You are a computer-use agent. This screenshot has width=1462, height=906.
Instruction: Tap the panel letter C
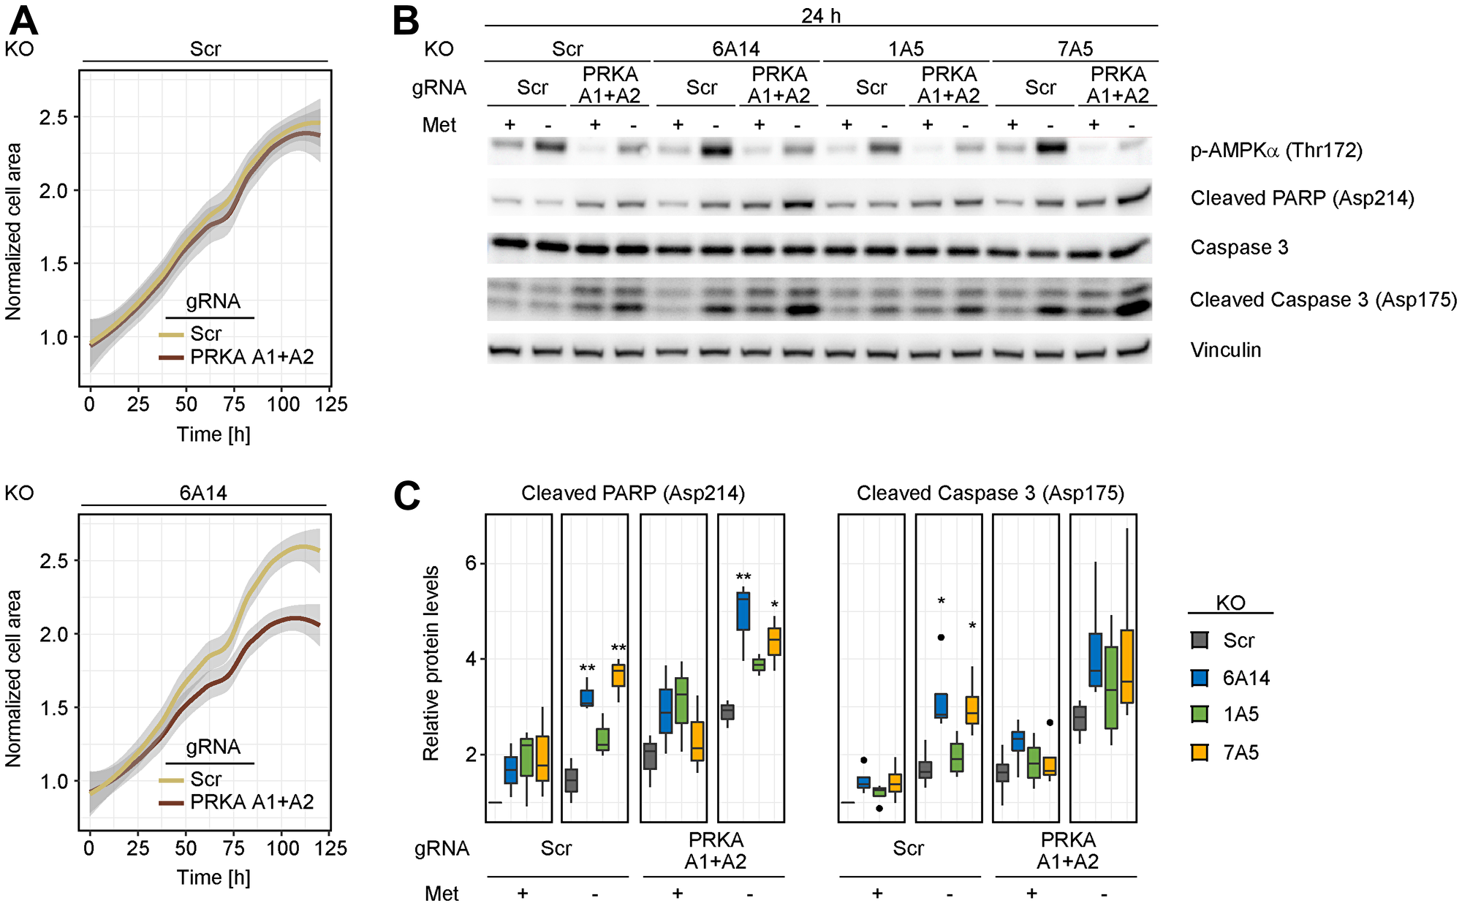point(406,496)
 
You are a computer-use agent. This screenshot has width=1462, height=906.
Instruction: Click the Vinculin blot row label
point(1225,350)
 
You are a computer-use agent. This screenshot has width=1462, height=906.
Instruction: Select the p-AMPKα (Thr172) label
point(1276,151)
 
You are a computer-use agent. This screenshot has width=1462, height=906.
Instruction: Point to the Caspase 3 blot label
point(1238,248)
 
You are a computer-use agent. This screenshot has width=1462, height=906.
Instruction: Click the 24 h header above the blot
point(820,15)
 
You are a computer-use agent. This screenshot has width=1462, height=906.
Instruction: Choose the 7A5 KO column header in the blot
point(1075,49)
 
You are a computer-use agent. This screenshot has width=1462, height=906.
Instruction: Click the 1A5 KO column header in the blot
point(906,49)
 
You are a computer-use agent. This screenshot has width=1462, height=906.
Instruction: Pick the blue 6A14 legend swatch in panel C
point(1199,678)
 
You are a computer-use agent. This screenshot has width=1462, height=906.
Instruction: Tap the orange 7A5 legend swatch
point(1199,752)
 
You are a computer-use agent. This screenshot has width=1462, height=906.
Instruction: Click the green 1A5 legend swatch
point(1199,714)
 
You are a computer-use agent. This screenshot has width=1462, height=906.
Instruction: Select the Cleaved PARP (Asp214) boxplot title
point(632,494)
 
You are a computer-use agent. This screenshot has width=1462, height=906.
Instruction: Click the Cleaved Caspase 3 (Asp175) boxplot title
point(990,494)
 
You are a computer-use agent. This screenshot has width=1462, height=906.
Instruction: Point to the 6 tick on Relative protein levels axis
point(471,563)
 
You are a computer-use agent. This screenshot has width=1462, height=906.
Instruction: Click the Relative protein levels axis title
point(431,662)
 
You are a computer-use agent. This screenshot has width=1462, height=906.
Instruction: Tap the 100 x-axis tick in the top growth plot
point(283,404)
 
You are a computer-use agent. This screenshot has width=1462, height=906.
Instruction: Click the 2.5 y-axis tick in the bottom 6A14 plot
point(53,561)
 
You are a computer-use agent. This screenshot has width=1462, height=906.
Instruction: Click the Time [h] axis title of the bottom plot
point(213,877)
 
